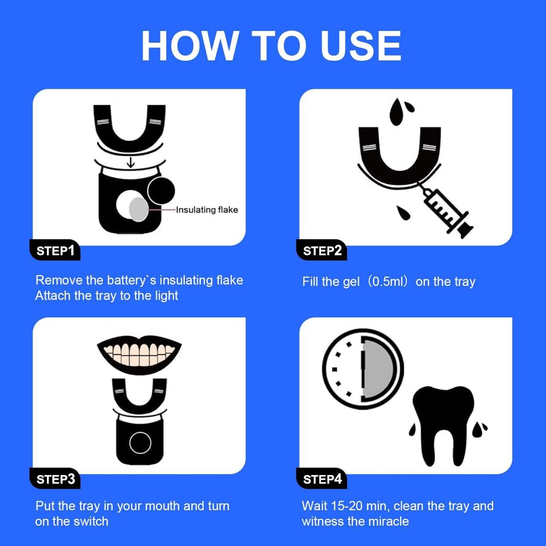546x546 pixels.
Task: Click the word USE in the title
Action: pos(361,46)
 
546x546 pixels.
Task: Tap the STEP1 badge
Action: pos(55,250)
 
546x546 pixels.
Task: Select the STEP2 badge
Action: pos(322,250)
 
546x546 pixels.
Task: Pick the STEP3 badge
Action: pos(55,479)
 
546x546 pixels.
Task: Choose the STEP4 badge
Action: pos(322,479)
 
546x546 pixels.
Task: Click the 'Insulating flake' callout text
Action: pos(207,210)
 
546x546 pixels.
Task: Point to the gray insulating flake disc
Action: pos(139,209)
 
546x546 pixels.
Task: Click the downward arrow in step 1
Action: pos(131,162)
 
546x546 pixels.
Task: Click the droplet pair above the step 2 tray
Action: pos(401,111)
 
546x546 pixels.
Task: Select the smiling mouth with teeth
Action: pos(139,355)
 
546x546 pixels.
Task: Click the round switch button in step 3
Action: pos(140,443)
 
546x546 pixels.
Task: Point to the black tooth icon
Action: pos(443,425)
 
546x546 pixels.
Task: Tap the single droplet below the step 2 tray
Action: pos(403,213)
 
